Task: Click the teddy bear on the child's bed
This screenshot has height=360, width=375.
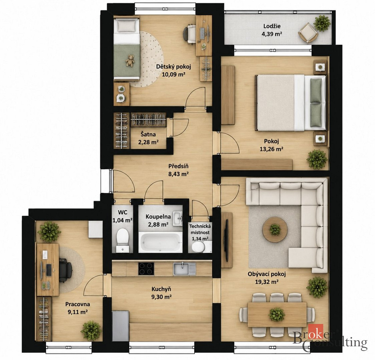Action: [130, 60]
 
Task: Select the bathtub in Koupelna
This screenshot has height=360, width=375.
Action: [160, 242]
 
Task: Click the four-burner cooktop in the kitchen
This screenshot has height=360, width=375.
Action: [146, 269]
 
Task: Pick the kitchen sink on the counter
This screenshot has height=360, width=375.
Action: [184, 269]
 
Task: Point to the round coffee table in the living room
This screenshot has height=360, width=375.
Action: [275, 229]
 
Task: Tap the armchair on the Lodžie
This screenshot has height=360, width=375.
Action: [308, 33]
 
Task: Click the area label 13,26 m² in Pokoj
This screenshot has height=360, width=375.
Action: [272, 149]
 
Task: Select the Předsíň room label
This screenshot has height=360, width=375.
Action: [178, 166]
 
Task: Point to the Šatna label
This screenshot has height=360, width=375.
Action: [148, 135]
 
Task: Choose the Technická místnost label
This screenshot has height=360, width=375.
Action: [200, 229]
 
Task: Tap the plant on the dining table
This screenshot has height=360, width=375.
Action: [277, 314]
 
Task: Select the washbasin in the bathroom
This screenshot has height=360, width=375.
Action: [178, 218]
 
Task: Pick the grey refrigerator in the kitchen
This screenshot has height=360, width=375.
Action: [121, 326]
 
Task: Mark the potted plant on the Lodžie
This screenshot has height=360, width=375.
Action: [322, 23]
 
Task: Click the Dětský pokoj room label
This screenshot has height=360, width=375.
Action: [173, 67]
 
